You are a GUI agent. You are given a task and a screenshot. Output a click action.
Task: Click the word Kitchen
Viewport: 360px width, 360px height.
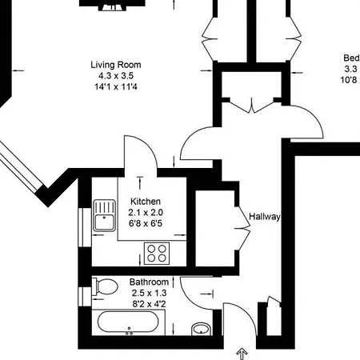[146, 202]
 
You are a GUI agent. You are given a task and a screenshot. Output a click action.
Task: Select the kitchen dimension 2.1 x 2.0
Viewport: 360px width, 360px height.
[146, 213]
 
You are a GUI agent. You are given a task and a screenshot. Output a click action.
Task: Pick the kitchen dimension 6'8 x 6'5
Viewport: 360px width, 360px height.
[146, 224]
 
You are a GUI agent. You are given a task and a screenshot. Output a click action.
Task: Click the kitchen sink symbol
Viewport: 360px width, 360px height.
[103, 214]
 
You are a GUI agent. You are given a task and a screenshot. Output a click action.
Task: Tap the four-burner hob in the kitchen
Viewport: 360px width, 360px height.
[158, 254]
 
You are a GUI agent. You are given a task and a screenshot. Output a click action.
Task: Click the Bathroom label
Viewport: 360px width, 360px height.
[149, 282]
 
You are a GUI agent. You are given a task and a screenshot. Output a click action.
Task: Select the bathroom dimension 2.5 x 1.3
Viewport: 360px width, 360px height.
[149, 293]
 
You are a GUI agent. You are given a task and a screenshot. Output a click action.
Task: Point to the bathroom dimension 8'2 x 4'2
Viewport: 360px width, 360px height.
[149, 304]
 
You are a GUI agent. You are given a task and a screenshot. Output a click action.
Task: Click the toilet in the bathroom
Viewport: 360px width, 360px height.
[102, 287]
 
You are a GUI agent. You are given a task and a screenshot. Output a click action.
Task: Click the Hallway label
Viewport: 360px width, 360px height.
[264, 217]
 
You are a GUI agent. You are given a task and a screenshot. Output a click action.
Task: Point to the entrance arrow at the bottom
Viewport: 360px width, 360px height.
[241, 351]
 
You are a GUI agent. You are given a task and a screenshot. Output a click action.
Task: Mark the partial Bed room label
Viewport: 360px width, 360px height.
[350, 58]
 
